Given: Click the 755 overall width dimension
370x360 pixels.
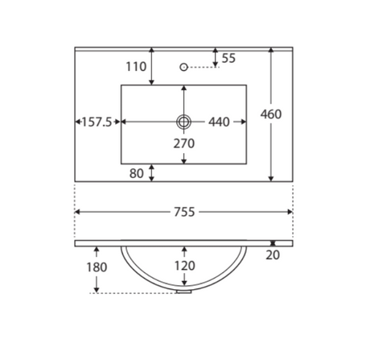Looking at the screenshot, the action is (x=184, y=212).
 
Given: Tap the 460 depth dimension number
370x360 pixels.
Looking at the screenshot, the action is (x=271, y=114).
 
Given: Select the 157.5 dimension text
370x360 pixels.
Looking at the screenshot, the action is (x=97, y=122).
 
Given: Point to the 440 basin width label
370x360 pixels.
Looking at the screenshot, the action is (x=219, y=122).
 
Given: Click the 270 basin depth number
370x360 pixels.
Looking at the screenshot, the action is (x=184, y=143).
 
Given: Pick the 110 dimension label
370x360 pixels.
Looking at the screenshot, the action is (x=136, y=67).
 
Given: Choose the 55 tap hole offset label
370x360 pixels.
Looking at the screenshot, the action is (x=228, y=58).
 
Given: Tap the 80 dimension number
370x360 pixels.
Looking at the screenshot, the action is (x=137, y=173).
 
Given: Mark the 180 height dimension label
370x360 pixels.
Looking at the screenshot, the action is (x=97, y=267).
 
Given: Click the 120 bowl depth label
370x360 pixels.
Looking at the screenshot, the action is (x=185, y=266).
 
